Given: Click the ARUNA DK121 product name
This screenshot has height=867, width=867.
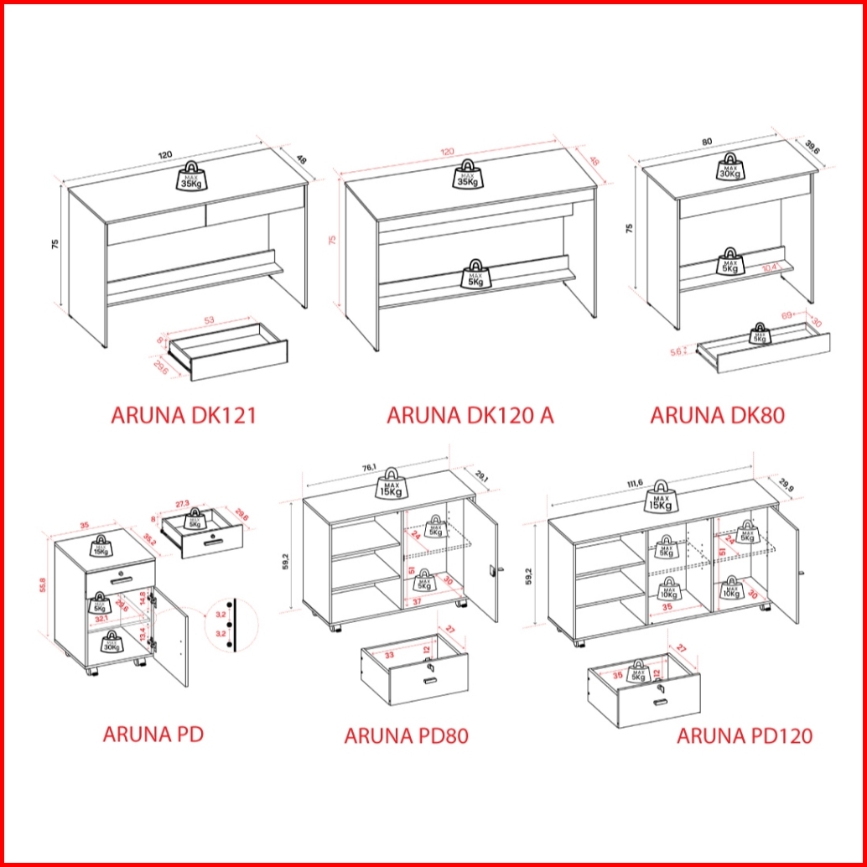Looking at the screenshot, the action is click(183, 415).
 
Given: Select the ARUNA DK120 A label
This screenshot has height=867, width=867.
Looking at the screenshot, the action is click(470, 415).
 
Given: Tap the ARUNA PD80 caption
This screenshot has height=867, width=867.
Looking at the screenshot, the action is click(406, 736).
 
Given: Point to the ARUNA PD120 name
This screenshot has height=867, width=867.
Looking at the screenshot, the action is click(745, 736).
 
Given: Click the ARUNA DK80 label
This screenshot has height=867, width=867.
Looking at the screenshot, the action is click(718, 415).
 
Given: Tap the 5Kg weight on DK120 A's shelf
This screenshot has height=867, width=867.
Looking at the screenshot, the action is click(476, 274).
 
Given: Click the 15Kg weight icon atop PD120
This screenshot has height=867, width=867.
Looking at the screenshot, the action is click(661, 498).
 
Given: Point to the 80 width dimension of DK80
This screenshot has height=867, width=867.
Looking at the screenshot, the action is click(709, 143).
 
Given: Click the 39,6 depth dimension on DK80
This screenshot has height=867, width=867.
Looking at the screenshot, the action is click(812, 147).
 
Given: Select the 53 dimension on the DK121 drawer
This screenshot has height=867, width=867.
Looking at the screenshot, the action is click(209, 319).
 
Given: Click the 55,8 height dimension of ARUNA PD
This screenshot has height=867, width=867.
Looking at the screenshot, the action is click(44, 584).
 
